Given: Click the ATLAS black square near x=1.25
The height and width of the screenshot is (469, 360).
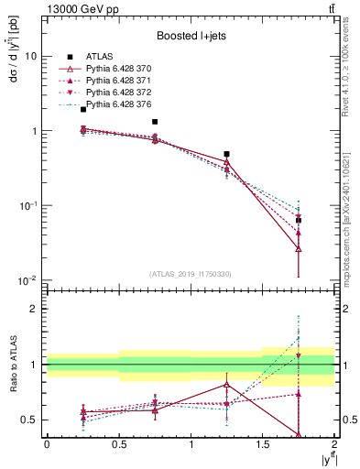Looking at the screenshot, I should (226, 154).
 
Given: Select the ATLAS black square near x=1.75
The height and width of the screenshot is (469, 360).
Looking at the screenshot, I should (299, 221).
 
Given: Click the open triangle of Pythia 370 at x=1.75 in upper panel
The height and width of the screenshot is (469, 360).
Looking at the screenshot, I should (299, 248).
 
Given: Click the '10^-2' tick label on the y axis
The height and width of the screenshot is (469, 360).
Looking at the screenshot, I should (28, 280).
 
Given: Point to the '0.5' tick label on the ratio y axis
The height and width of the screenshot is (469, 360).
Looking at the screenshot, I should (30, 420).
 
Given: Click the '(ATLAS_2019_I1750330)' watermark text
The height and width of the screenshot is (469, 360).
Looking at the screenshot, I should (191, 273).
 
